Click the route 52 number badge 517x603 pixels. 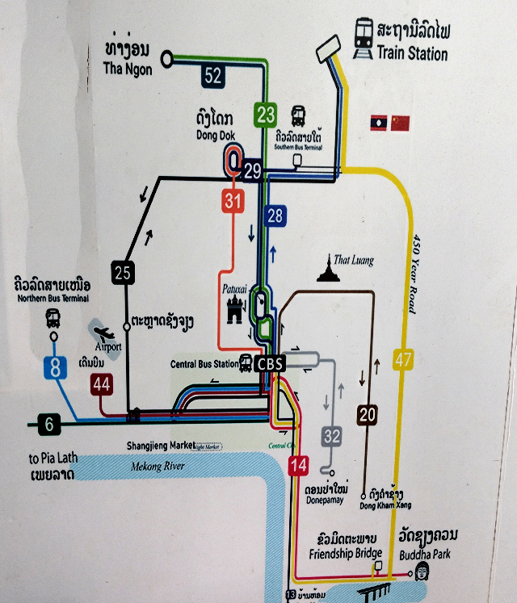(x=213, y=76)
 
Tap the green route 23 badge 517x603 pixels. (x=266, y=114)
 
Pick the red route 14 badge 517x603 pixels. (x=298, y=465)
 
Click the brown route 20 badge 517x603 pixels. (x=368, y=415)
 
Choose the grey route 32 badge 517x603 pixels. (x=332, y=437)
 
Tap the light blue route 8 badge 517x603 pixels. (x=55, y=368)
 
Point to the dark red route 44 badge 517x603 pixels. (x=101, y=385)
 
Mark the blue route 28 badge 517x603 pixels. (x=275, y=216)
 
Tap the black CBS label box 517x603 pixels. (x=269, y=364)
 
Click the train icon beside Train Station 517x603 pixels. (x=363, y=33)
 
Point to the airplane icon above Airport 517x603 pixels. (x=104, y=333)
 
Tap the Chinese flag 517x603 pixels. (x=400, y=123)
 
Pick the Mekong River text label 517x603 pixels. (x=158, y=467)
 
